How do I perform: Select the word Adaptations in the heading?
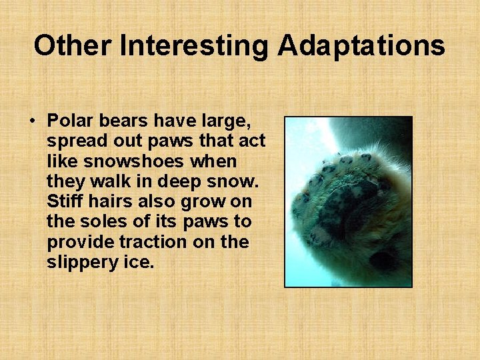click(361, 46)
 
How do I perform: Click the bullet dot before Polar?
click(31, 121)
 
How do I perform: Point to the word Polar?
click(68, 121)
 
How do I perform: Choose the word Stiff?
click(65, 201)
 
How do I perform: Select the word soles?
click(96, 221)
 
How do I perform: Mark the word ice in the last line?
click(139, 261)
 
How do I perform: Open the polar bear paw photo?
click(348, 201)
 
